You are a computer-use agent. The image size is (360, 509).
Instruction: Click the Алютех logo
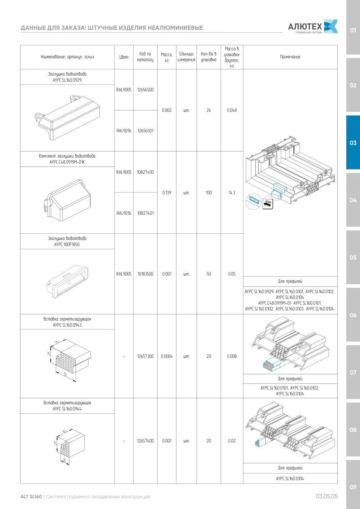313,27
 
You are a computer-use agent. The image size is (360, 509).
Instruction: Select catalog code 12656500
145,90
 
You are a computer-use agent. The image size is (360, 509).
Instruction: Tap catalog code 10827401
145,213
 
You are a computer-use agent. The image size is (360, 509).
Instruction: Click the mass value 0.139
167,193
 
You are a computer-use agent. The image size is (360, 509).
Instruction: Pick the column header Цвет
124,57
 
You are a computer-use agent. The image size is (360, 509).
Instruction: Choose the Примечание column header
290,57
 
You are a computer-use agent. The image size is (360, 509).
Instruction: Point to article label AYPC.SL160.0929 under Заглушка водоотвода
67,80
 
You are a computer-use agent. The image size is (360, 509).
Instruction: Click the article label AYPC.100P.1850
67,245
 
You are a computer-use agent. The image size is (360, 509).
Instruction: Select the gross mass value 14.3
232,193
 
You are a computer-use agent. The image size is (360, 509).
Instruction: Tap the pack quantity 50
209,274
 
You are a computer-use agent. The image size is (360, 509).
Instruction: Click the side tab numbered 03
353,143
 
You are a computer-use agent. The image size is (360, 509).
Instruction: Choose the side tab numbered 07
353,372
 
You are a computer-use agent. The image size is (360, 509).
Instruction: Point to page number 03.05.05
327,496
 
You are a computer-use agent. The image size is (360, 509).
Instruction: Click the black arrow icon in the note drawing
268,204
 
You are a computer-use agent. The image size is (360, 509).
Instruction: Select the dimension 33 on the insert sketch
65,374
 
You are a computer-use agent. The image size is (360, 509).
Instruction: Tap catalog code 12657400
145,441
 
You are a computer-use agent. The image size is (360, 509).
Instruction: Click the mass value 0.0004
167,356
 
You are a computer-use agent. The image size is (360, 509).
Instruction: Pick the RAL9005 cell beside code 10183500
124,274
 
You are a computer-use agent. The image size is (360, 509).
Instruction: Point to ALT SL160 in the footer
31,496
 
